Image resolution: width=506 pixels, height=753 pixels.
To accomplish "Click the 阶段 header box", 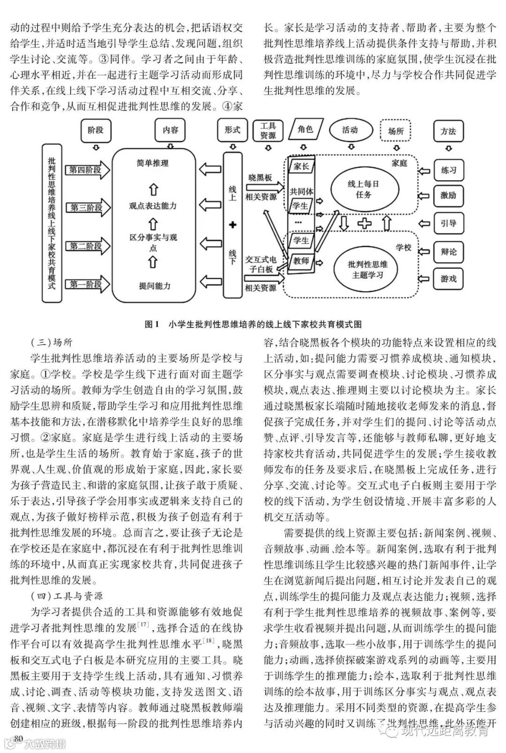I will (95, 130).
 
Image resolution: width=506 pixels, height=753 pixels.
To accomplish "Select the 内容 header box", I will (170, 130).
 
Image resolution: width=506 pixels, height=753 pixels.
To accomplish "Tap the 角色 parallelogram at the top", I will (305, 129).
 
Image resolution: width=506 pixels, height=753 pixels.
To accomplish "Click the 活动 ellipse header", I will (350, 130).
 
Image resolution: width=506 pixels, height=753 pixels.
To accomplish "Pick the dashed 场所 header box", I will (396, 131).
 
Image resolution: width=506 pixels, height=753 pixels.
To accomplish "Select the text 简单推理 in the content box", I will (153, 164).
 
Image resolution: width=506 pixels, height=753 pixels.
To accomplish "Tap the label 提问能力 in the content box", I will (154, 286).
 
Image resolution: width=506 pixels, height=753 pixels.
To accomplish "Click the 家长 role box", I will (300, 166).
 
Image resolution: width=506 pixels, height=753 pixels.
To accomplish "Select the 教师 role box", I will (301, 261).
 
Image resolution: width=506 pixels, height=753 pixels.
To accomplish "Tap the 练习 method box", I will (448, 170).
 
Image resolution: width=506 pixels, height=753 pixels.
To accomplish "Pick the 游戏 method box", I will (448, 279).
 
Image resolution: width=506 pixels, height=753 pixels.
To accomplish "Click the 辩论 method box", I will (448, 252).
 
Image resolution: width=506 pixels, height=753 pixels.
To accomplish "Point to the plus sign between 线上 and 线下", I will (232, 225).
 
